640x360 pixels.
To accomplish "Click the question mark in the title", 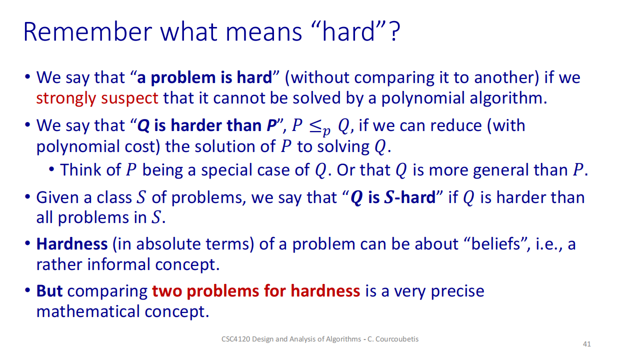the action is tap(395, 31).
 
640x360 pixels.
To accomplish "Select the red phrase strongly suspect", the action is tap(97, 98).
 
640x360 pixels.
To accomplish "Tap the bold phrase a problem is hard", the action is tap(204, 77).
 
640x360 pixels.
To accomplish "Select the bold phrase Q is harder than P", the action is tap(207, 125).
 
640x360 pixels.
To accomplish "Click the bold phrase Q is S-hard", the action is tap(393, 197).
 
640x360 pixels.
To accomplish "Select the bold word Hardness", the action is tap(72, 244).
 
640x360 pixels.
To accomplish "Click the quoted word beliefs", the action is tap(495, 244).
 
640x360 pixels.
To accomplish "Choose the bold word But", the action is tap(49, 291).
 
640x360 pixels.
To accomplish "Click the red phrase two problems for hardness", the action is tap(256, 291).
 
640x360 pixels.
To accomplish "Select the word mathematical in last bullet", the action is tap(88, 311).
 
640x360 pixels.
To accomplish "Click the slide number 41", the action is tap(587, 344).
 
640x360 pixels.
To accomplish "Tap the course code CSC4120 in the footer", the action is tap(235, 339).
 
